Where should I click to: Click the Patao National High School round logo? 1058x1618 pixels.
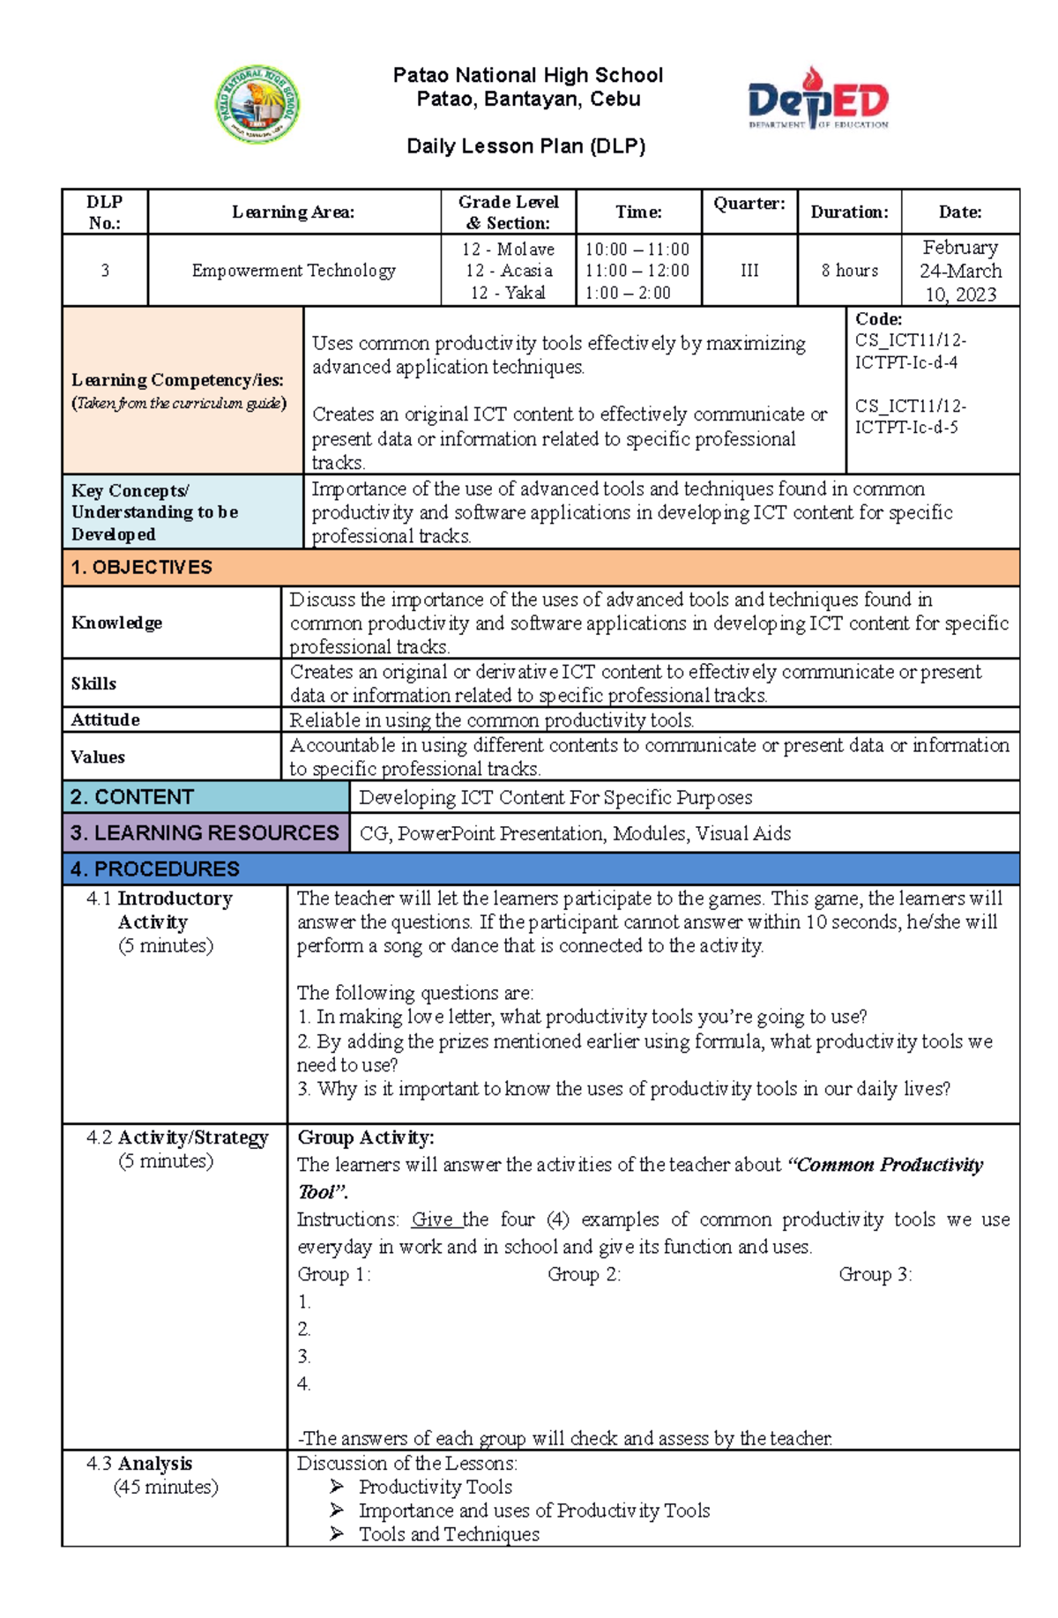(x=257, y=104)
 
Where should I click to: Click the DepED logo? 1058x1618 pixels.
(x=818, y=99)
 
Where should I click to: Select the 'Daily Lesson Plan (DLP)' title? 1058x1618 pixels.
(x=526, y=146)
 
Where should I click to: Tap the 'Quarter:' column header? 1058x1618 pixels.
(x=749, y=204)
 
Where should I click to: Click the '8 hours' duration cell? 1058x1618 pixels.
(x=849, y=271)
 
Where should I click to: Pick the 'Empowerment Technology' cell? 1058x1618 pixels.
(x=294, y=271)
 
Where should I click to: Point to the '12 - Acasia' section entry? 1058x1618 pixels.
(x=509, y=271)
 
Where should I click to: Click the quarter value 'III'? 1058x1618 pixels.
(x=749, y=271)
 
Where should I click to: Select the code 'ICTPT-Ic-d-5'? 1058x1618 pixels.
(x=905, y=428)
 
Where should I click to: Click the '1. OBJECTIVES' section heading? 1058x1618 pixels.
(x=142, y=568)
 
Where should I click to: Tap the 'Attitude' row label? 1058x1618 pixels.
(x=106, y=720)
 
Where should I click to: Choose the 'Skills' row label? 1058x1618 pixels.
(x=93, y=683)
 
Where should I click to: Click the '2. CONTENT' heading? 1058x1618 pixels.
(x=132, y=797)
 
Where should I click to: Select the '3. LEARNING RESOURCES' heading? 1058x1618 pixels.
(x=205, y=833)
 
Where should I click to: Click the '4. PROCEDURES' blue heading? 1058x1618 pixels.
(x=155, y=869)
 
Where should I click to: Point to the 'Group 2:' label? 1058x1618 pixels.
(x=584, y=1274)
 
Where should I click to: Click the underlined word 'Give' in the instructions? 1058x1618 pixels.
(x=433, y=1219)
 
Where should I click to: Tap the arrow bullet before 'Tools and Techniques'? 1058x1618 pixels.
(x=337, y=1534)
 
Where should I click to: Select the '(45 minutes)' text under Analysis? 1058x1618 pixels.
(x=166, y=1488)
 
